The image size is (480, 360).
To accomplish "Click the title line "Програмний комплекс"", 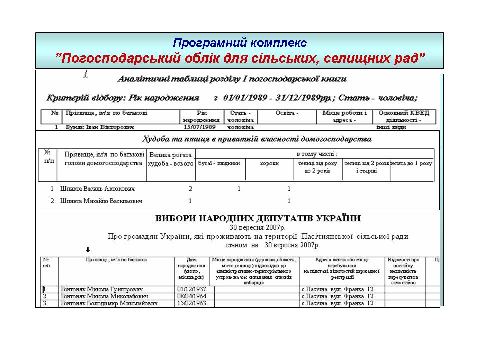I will click(x=239, y=43).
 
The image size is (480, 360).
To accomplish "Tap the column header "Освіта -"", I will click(x=287, y=113).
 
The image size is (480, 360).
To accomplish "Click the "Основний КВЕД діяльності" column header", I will click(x=404, y=116).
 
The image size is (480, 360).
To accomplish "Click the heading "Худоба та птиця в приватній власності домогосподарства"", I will click(x=257, y=138).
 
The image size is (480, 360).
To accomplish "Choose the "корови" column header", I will click(x=269, y=163).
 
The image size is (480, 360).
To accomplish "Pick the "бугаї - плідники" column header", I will click(x=220, y=163).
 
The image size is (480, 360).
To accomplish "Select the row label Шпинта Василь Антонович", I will click(x=97, y=189).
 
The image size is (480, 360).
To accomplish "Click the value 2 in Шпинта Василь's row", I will click(x=190, y=189).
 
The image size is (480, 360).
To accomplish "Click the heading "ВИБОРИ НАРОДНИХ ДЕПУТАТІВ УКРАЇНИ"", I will click(x=258, y=219).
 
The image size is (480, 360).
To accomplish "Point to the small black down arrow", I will click(x=88, y=250).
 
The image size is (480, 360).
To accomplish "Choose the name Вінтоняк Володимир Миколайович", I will click(x=109, y=303).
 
